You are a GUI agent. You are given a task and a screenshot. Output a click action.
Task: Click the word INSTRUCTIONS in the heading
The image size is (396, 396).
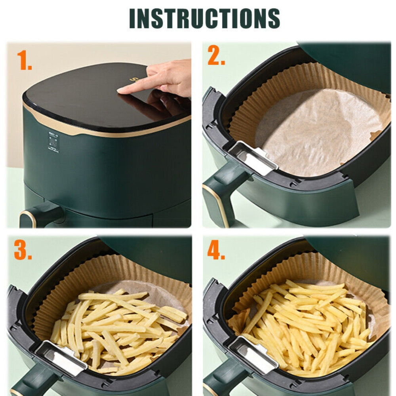[204, 18]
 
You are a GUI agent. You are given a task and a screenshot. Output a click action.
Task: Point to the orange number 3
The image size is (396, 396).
[23, 250]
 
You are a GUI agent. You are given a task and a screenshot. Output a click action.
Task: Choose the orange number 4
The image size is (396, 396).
[216, 250]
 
